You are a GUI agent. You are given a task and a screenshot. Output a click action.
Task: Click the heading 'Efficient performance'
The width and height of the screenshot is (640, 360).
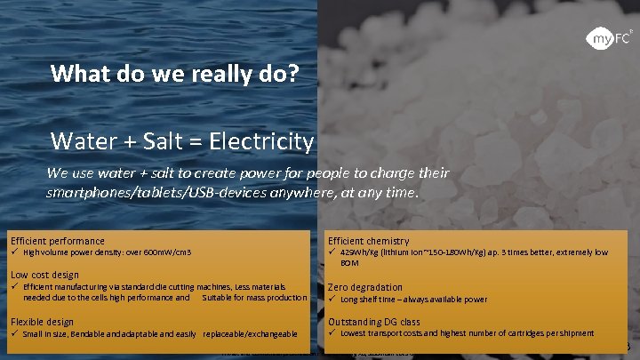point(57,241)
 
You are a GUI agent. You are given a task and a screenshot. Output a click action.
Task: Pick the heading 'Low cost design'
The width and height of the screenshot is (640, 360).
point(44,275)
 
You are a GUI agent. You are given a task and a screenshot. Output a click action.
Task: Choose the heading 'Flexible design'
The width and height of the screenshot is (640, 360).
point(42,321)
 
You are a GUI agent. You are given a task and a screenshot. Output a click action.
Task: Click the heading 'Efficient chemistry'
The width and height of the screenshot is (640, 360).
point(368,241)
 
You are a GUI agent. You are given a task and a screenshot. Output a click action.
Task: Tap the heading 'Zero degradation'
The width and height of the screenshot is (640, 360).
point(364,287)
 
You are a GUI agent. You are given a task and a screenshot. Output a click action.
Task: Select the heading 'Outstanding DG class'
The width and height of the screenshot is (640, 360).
point(373,321)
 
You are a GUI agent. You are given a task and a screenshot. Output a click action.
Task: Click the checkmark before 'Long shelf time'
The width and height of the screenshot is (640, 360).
point(332,299)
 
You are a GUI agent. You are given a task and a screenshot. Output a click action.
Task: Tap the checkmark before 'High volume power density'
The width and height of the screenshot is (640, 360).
point(14,252)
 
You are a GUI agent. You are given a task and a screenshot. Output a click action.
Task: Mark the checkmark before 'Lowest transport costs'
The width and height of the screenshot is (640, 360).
point(332,332)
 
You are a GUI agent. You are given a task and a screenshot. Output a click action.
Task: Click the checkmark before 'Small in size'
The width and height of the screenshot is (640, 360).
point(14,333)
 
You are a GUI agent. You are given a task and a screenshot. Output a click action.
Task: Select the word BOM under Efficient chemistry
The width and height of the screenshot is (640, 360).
point(348,263)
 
